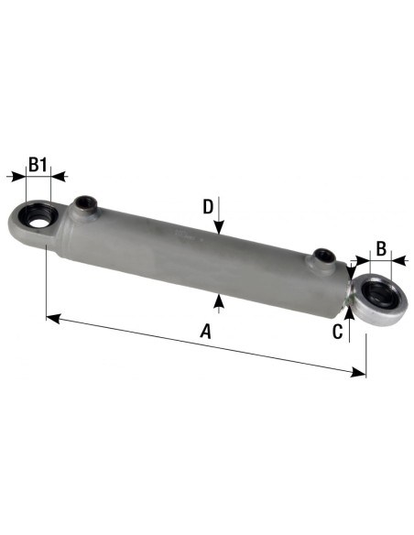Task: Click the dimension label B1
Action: pyautogui.click(x=38, y=165)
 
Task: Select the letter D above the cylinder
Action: pyautogui.click(x=209, y=206)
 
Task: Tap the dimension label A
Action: pyautogui.click(x=206, y=332)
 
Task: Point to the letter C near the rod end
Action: pyautogui.click(x=337, y=331)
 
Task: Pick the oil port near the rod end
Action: pyautogui.click(x=322, y=256)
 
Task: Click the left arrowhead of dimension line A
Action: pyautogui.click(x=51, y=318)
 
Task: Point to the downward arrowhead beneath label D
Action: pyautogui.click(x=219, y=229)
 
